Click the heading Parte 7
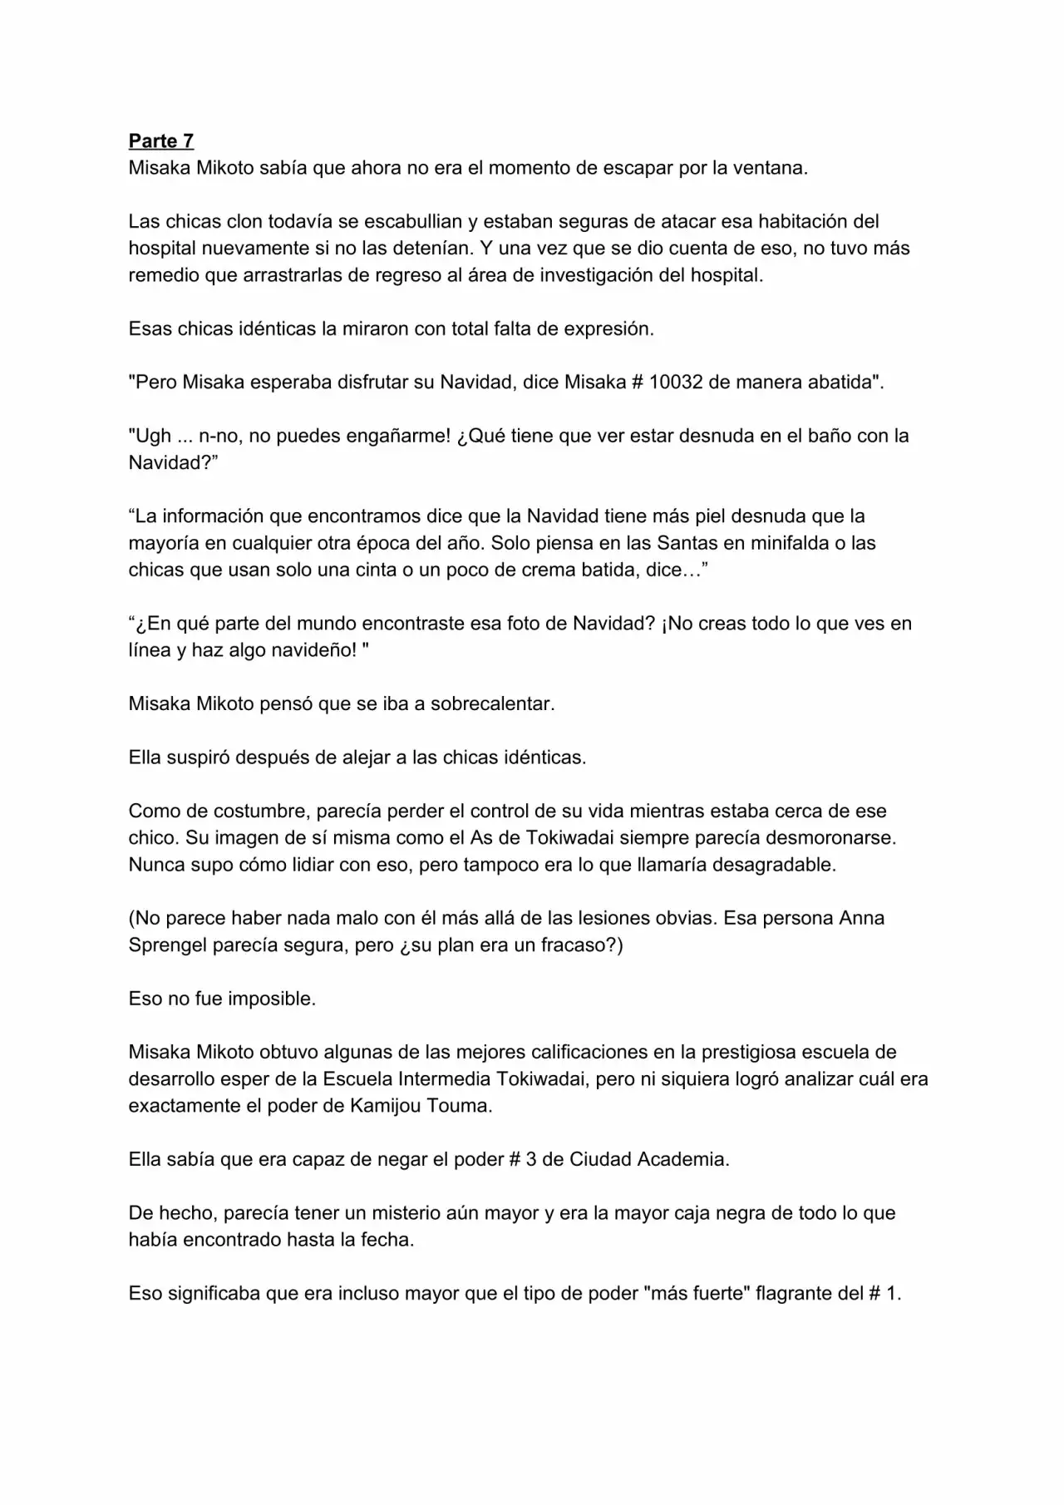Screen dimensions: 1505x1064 point(161,141)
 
